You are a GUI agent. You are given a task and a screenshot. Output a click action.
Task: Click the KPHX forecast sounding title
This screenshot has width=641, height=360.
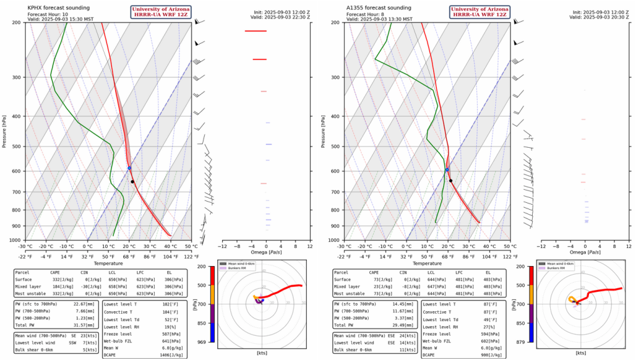[57, 7]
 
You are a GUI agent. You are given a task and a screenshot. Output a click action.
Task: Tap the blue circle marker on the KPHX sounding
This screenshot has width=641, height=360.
[129, 168]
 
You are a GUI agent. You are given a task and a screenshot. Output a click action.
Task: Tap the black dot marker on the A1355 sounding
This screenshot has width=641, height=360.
[451, 181]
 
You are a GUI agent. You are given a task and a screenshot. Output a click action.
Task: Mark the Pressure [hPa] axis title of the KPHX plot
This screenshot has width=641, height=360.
[5, 131]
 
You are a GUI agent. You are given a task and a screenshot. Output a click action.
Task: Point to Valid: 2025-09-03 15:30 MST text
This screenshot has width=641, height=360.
[61, 19]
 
